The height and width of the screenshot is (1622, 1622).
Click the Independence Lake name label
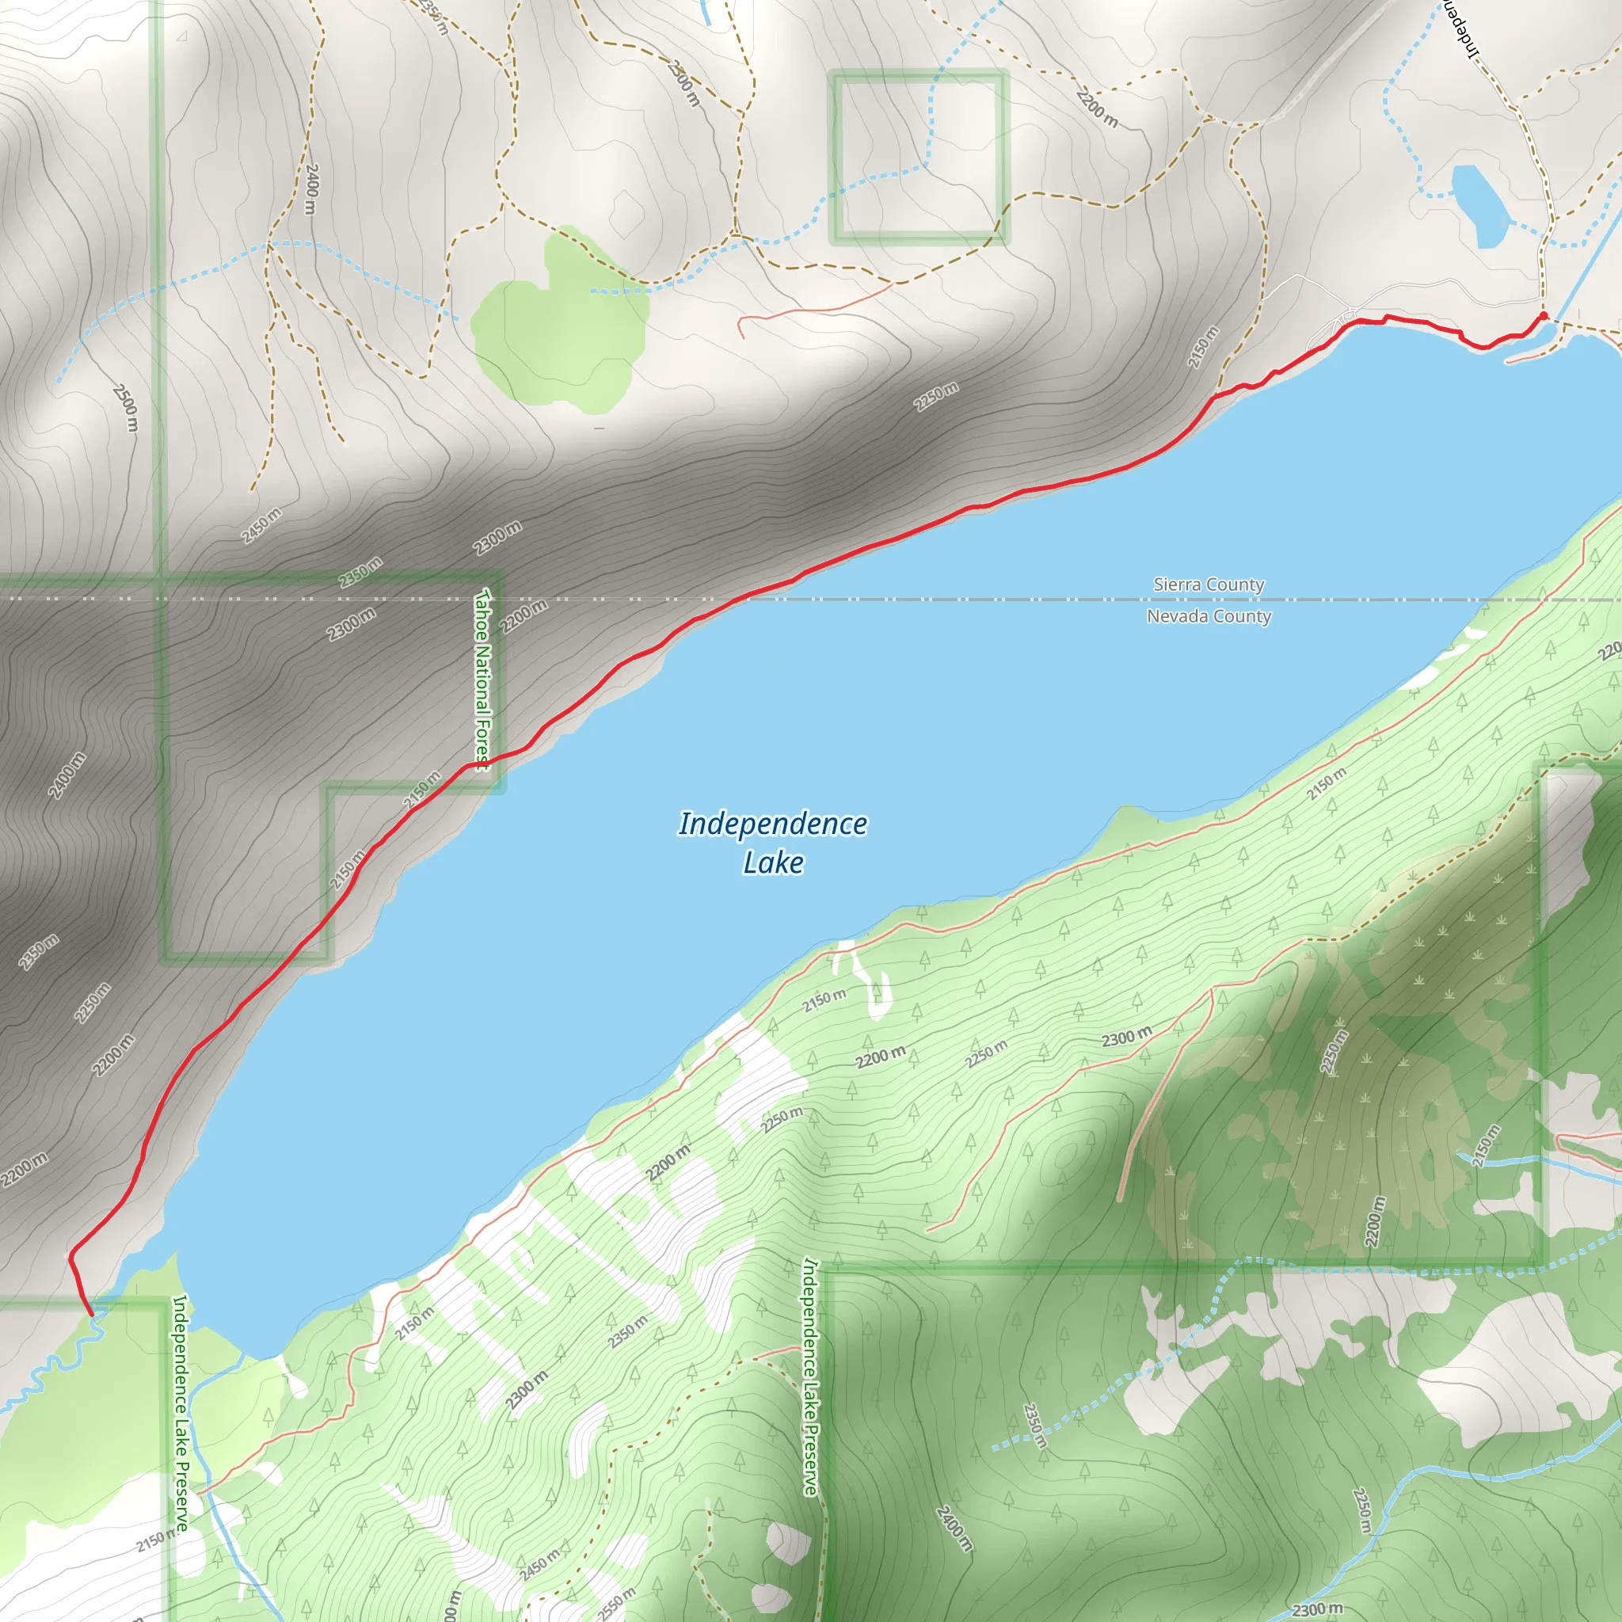click(772, 842)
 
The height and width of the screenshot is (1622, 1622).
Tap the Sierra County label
click(1208, 584)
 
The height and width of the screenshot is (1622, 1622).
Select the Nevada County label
click(1208, 616)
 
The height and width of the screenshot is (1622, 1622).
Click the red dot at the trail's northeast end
click(1542, 316)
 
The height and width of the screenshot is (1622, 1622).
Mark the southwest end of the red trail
click(90, 1314)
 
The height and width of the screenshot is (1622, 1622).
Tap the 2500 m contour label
click(126, 408)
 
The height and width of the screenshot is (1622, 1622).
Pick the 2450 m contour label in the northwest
click(261, 526)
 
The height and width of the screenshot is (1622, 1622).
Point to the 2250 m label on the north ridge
click(936, 396)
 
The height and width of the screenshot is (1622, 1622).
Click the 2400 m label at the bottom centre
click(954, 1528)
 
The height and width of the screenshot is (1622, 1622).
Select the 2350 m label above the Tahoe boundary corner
click(360, 572)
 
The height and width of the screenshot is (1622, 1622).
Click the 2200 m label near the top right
click(1096, 109)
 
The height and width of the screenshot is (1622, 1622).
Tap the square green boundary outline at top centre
click(919, 157)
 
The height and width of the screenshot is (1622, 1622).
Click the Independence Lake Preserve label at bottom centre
click(809, 1376)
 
